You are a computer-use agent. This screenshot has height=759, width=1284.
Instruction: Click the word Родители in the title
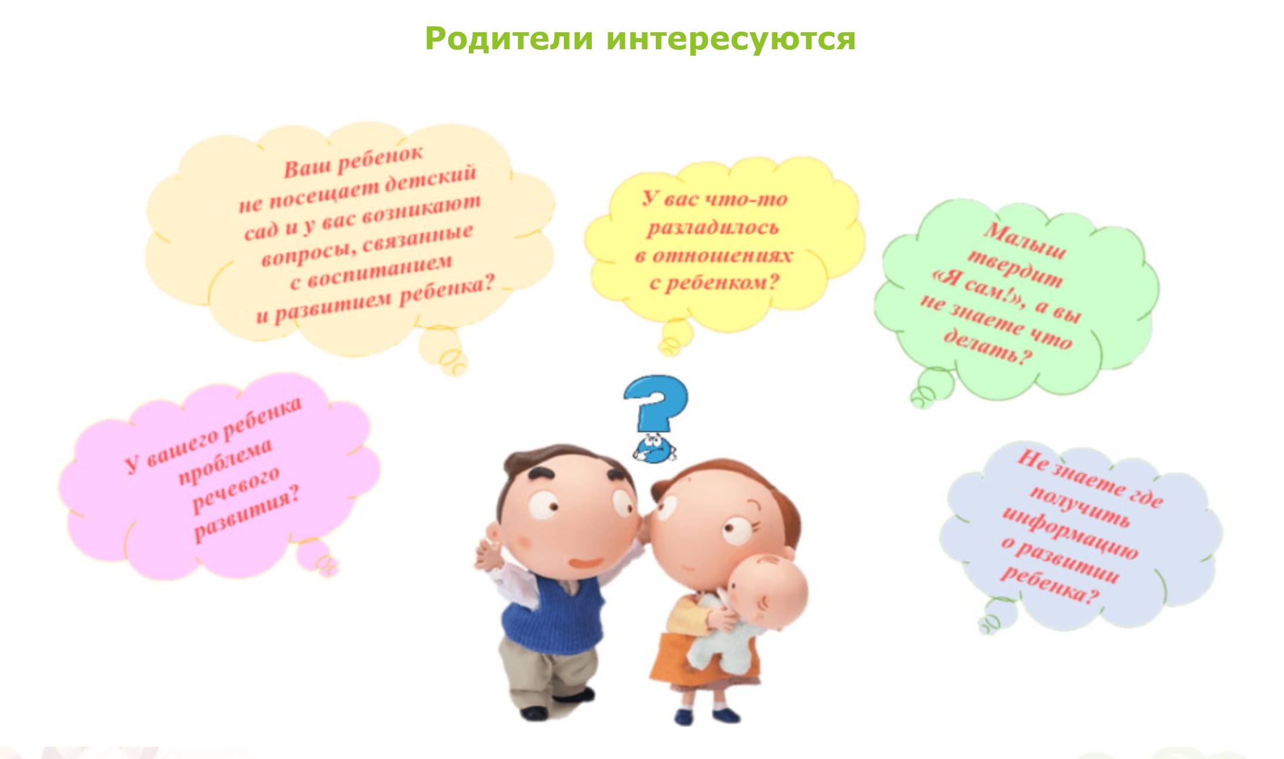click(509, 39)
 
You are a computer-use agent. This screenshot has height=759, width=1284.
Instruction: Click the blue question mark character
click(655, 418)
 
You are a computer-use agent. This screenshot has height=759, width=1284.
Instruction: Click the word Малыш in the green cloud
click(1025, 240)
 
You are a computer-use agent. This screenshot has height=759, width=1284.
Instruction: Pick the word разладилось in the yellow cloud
click(713, 227)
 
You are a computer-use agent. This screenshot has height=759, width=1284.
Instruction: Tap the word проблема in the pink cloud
click(226, 462)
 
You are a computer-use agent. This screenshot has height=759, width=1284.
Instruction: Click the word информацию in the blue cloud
click(1070, 533)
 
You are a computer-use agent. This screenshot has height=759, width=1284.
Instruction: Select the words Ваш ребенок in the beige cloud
click(353, 161)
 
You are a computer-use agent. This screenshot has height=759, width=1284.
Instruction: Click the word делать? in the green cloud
click(987, 348)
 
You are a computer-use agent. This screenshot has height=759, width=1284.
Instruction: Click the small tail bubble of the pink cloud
click(316, 557)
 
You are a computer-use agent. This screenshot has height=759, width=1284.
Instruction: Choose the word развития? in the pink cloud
click(247, 516)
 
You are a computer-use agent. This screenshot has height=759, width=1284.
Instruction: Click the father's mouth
click(586, 562)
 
